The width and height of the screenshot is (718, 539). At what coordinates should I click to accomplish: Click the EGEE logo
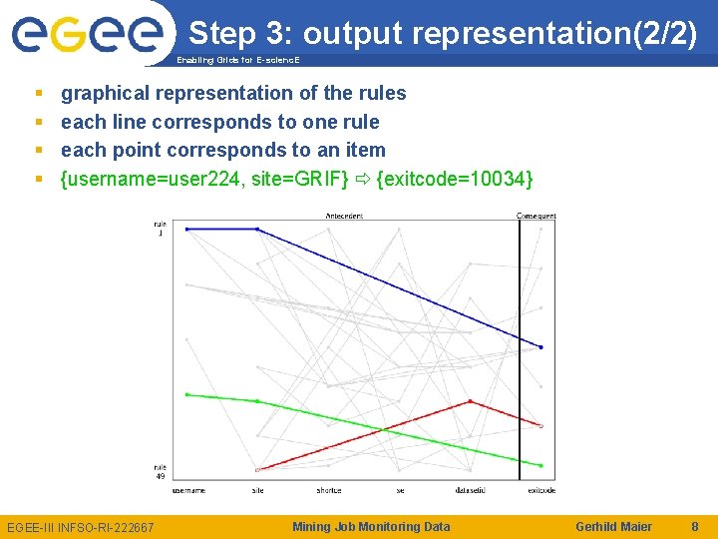coord(87,35)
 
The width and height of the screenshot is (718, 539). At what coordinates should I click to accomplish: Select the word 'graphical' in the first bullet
coord(103,94)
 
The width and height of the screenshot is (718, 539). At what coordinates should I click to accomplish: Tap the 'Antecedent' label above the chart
coord(344,216)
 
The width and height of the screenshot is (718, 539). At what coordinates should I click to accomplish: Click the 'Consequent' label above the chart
coord(537,216)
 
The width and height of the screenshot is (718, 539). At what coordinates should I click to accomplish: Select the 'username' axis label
coord(187,490)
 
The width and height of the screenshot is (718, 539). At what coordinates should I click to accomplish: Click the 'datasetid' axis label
coord(470,490)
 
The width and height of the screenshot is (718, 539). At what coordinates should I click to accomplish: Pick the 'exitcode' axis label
coord(541,490)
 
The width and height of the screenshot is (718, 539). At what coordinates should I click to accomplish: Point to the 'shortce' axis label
coord(329,490)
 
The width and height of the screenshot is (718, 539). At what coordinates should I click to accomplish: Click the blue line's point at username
coord(186,229)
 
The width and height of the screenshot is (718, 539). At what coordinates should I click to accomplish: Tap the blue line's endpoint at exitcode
coord(540,347)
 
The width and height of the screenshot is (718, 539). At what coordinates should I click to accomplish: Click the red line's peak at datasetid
coord(470,401)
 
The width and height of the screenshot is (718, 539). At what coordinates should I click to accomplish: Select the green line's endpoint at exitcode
coord(540,465)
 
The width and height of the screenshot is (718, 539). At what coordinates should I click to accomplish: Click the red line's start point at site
coord(257,469)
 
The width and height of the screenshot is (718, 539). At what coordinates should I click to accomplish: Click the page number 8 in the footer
coord(694,526)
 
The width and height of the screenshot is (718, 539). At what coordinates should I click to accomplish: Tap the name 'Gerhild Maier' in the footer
coord(614,526)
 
